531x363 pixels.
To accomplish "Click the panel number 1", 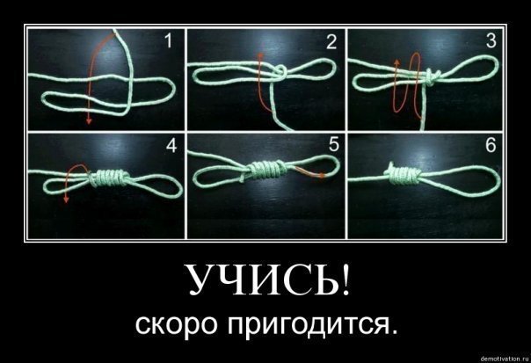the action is (x=168, y=41).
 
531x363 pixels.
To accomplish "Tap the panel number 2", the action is (x=331, y=42).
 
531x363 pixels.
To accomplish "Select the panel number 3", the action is (x=491, y=40).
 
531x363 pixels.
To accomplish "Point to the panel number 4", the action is (x=171, y=146).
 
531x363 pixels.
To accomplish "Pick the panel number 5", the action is (x=333, y=145).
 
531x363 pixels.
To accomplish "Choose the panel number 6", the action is (x=491, y=145).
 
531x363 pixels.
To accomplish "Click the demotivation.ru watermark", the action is (x=505, y=359).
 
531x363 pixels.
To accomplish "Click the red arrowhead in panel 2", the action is (x=260, y=54).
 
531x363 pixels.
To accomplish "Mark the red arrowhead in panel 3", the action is (x=397, y=62).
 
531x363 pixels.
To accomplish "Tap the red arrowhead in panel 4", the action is (x=66, y=200).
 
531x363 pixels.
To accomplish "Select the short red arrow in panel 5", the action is (x=309, y=172).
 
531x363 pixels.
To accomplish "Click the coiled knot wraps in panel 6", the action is (x=403, y=174).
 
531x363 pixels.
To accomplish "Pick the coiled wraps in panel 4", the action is (x=109, y=178).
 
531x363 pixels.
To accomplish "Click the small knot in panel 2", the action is (x=280, y=72).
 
